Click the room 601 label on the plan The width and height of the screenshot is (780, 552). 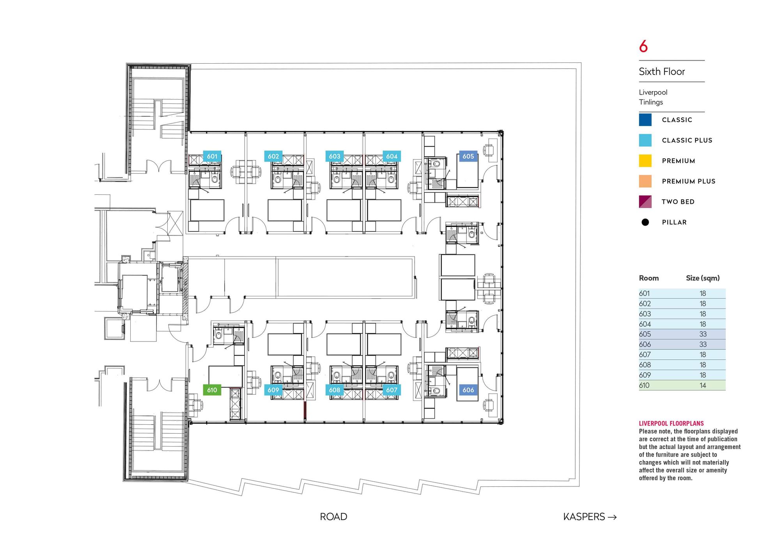pyautogui.click(x=212, y=156)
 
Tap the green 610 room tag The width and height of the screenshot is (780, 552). pyautogui.click(x=212, y=390)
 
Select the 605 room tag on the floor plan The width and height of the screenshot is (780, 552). pyautogui.click(x=468, y=156)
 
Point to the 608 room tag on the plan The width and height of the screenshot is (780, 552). pyautogui.click(x=334, y=390)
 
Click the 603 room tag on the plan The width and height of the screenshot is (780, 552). pyautogui.click(x=334, y=156)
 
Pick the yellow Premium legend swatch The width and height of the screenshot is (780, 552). pyautogui.click(x=645, y=161)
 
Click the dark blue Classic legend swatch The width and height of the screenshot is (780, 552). pyautogui.click(x=645, y=120)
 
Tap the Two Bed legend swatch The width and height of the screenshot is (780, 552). pyautogui.click(x=645, y=201)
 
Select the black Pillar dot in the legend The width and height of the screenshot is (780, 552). pyautogui.click(x=645, y=222)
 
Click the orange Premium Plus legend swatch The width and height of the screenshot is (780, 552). pyautogui.click(x=645, y=181)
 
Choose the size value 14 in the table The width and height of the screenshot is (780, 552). pyautogui.click(x=702, y=385)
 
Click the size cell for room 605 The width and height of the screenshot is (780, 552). pyautogui.click(x=702, y=334)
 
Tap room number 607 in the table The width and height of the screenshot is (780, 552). pyautogui.click(x=645, y=354)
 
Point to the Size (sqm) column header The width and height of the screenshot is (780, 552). pyautogui.click(x=702, y=278)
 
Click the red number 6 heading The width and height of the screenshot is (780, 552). pyautogui.click(x=643, y=46)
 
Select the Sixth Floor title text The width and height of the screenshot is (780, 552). pyautogui.click(x=661, y=71)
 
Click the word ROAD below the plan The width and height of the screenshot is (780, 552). pyautogui.click(x=333, y=516)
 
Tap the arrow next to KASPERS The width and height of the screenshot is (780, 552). pyautogui.click(x=612, y=517)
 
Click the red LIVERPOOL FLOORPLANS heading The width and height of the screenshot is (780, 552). pyautogui.click(x=671, y=423)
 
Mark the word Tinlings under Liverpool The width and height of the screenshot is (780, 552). pyautogui.click(x=651, y=102)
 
